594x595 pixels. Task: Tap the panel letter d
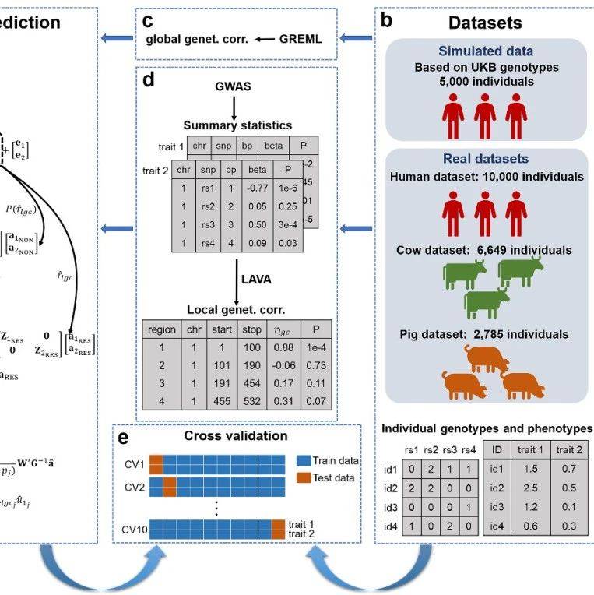[x=149, y=80]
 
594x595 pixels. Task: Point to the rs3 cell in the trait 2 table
[x=207, y=224]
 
